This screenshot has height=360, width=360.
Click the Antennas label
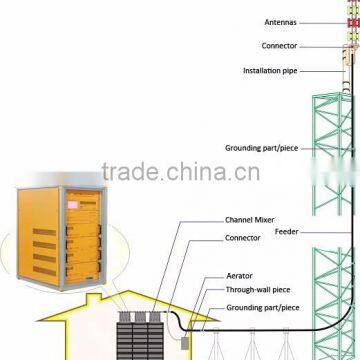pos(279,19)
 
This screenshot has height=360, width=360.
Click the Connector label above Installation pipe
pos(279,45)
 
